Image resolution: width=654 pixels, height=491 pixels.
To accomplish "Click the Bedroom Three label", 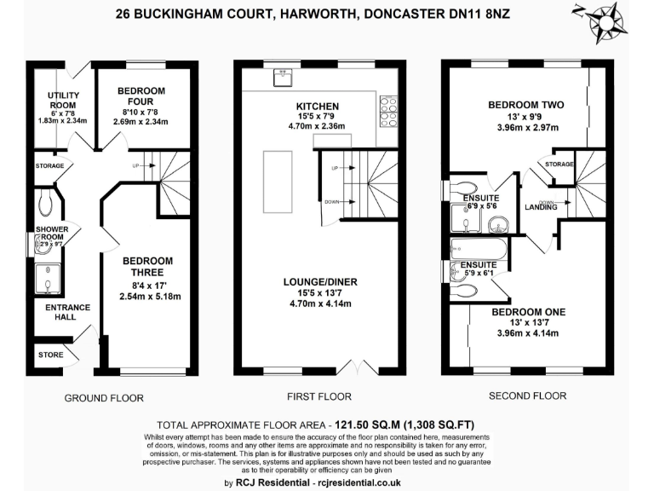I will [x=147, y=266].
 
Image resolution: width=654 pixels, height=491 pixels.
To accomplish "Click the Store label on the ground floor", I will [x=50, y=354].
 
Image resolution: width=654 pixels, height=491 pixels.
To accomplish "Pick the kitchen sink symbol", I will [x=282, y=78].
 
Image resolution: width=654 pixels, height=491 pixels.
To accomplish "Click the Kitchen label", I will [x=318, y=107].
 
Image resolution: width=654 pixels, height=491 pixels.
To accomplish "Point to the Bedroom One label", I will [x=528, y=312].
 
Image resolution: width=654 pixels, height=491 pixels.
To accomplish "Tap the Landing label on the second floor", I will [x=541, y=206].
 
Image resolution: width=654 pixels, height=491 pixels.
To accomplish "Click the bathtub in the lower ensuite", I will [x=479, y=250].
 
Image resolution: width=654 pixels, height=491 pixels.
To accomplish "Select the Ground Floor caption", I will [x=104, y=398].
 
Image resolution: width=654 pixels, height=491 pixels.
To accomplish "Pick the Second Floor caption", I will [x=528, y=396].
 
